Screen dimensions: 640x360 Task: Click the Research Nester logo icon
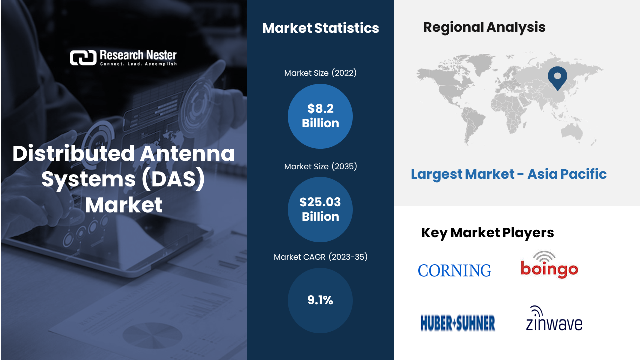coord(83,58)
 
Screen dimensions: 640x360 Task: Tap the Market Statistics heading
coord(321,28)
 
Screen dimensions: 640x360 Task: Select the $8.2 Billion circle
coord(320,116)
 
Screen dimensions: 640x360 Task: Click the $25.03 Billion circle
coord(320,209)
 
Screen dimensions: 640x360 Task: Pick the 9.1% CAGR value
coord(320,300)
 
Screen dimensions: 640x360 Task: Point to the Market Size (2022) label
coord(320,73)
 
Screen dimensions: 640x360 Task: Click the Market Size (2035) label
coord(321,166)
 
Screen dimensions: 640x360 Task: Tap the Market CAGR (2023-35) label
coord(321,257)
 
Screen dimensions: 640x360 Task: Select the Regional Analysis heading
coord(484,27)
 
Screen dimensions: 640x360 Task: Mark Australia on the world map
coord(572,132)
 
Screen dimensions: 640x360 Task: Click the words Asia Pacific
coord(567,174)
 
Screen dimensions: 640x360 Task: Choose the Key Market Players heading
coord(487,233)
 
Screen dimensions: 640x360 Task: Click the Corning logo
coord(455,271)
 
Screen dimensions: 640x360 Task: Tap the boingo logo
coord(549,265)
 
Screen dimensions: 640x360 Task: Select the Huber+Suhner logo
coord(458,323)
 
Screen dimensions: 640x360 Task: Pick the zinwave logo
coord(554,319)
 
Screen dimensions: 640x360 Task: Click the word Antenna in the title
coord(187,153)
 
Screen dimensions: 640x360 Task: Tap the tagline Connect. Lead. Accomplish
coord(138,64)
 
